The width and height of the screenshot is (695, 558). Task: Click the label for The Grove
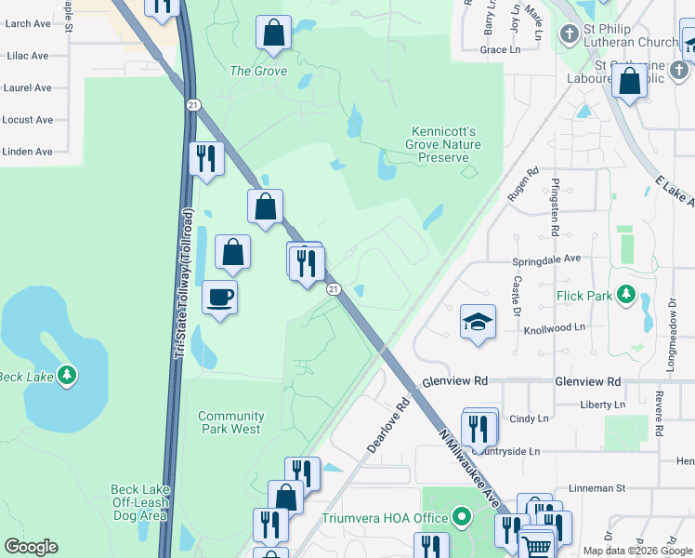point(258,71)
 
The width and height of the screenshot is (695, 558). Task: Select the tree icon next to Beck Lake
point(66,375)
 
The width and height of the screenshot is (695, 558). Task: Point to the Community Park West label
point(229,423)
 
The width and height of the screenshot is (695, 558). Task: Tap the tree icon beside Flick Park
point(626,296)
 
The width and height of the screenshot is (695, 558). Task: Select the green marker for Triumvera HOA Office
point(462,518)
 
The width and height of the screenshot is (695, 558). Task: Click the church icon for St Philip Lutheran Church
point(569,34)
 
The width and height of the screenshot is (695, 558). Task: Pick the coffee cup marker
point(219,298)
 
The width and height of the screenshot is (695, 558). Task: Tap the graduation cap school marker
point(478,322)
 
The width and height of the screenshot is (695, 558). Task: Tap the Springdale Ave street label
point(546,259)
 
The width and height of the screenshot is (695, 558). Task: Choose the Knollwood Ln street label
point(555,328)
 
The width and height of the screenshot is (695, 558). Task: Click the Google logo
point(31,547)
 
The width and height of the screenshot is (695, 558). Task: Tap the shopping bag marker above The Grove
point(273,33)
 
